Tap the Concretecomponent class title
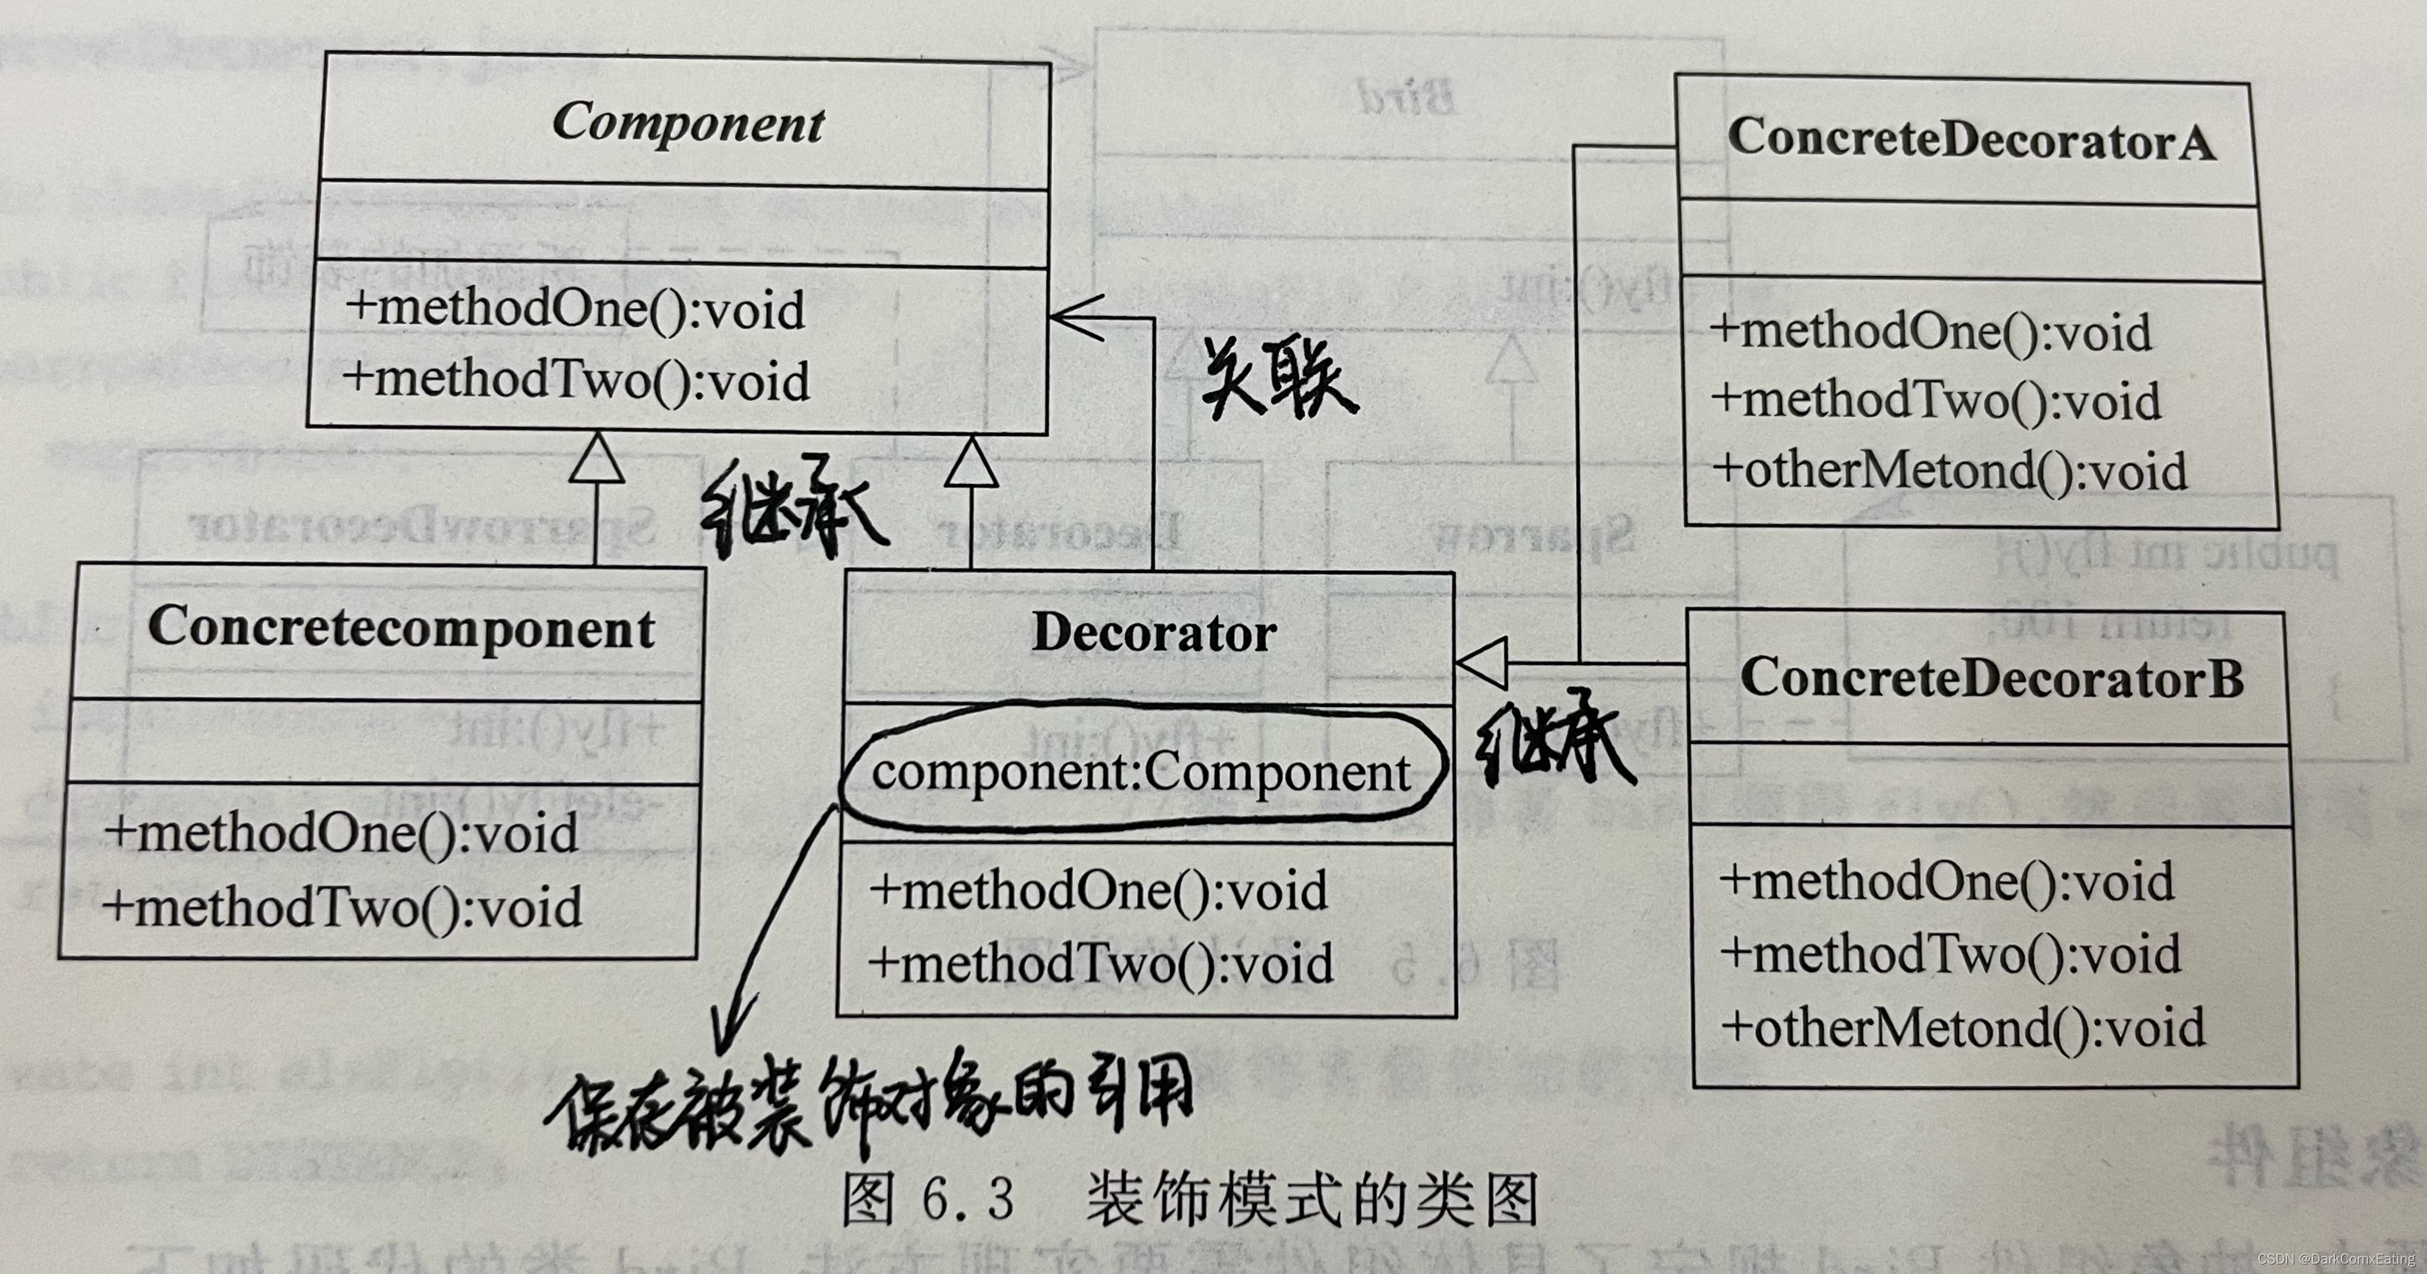click(x=401, y=627)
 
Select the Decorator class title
click(x=1153, y=633)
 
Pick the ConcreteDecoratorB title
click(x=1991, y=678)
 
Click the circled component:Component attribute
click(x=1140, y=773)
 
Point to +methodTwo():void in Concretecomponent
click(x=342, y=907)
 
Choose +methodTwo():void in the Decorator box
click(x=1099, y=964)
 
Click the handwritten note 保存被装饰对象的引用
click(x=867, y=1102)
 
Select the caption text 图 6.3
click(x=928, y=1200)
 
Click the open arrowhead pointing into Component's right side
click(x=1074, y=317)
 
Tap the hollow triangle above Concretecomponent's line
click(x=596, y=460)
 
